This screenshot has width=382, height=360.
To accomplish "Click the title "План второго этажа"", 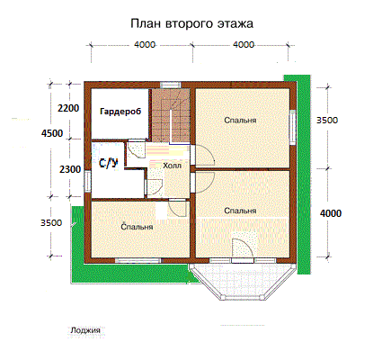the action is pyautogui.click(x=191, y=23).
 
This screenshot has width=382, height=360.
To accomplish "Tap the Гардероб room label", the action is pyautogui.click(x=120, y=112).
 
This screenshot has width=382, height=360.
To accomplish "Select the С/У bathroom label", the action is pyautogui.click(x=108, y=163).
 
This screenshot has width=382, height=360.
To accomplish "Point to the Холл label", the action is pyautogui.click(x=172, y=166).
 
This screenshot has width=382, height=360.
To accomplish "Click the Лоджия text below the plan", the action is pyautogui.click(x=85, y=330).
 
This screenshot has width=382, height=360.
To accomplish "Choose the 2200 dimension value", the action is pyautogui.click(x=68, y=108).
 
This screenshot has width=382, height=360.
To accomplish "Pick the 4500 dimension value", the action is pyautogui.click(x=52, y=133).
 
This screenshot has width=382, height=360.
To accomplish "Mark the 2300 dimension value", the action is pyautogui.click(x=70, y=169).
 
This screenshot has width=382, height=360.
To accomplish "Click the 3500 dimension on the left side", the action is pyautogui.click(x=51, y=223).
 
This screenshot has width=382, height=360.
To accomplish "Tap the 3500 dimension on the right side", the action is pyautogui.click(x=327, y=121).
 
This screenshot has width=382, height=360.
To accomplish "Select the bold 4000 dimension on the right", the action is pyautogui.click(x=331, y=213).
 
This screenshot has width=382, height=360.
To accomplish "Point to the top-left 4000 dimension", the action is pyautogui.click(x=145, y=45).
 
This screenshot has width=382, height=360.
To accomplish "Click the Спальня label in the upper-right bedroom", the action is pyautogui.click(x=240, y=121).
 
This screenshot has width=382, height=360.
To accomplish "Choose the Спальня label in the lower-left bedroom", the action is pyautogui.click(x=137, y=227).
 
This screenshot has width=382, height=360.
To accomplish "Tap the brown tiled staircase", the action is pyautogui.click(x=170, y=115).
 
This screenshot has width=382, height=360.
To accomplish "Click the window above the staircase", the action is pyautogui.click(x=171, y=85).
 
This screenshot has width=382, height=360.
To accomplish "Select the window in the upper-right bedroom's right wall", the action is pyautogui.click(x=292, y=127).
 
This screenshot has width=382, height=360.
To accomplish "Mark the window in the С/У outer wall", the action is pyautogui.click(x=87, y=181).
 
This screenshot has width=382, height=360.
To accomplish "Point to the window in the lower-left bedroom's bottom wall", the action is pyautogui.click(x=138, y=260).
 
